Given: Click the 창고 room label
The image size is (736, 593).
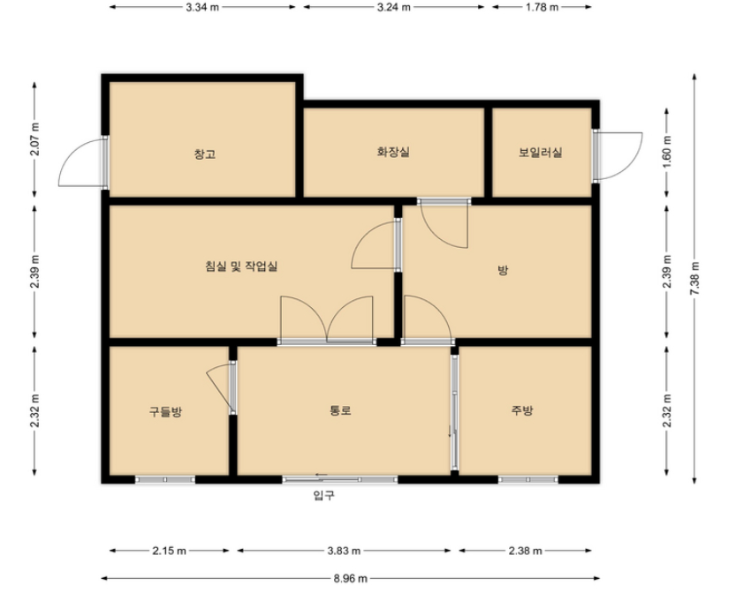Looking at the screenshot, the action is (205, 154).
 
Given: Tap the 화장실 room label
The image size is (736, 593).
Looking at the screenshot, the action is (393, 152).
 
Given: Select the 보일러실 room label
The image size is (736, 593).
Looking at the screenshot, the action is (540, 153).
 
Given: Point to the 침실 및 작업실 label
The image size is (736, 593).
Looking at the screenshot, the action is (241, 266).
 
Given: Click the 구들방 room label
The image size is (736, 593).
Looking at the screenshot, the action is (166, 411).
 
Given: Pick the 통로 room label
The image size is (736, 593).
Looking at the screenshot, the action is (341, 410).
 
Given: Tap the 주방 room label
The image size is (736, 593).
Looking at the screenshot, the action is (522, 410).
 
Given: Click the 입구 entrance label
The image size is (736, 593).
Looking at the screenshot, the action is (324, 495).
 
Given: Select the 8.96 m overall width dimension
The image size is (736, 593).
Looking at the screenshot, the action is (351, 579).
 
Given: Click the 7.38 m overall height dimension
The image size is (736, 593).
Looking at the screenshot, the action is (694, 278).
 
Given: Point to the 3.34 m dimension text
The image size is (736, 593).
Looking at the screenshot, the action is (202, 7).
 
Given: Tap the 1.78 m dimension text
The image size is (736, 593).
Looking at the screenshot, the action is (542, 7).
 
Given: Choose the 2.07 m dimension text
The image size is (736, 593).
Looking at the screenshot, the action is (34, 139).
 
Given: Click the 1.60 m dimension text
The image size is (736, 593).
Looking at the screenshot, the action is (667, 153).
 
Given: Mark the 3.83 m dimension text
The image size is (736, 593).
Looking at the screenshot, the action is (344, 551).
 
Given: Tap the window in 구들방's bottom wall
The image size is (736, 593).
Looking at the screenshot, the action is (165, 479).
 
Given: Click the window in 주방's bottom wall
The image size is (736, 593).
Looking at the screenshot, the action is (528, 479).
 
